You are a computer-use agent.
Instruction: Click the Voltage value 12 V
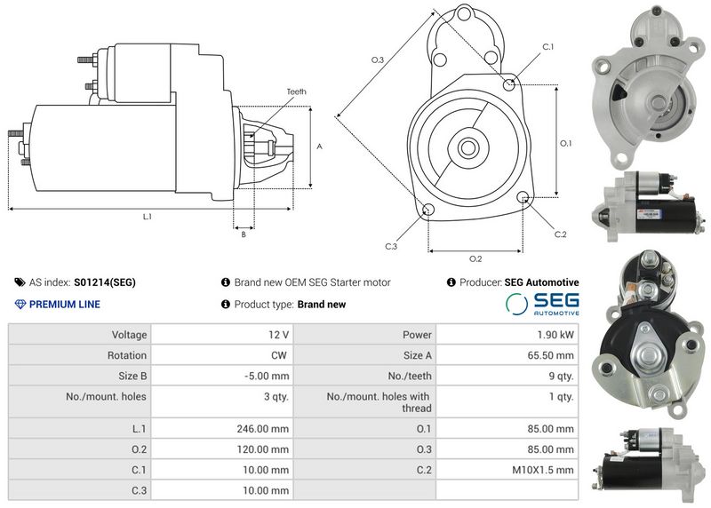tap(278, 335)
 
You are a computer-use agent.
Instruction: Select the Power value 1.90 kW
tap(555, 335)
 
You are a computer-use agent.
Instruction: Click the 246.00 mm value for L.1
tap(262, 429)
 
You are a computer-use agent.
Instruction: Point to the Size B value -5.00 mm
tap(266, 377)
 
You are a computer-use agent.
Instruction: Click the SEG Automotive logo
tap(542, 304)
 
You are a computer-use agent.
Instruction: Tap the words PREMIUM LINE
tap(64, 305)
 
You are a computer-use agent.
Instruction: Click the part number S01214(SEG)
tap(105, 282)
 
